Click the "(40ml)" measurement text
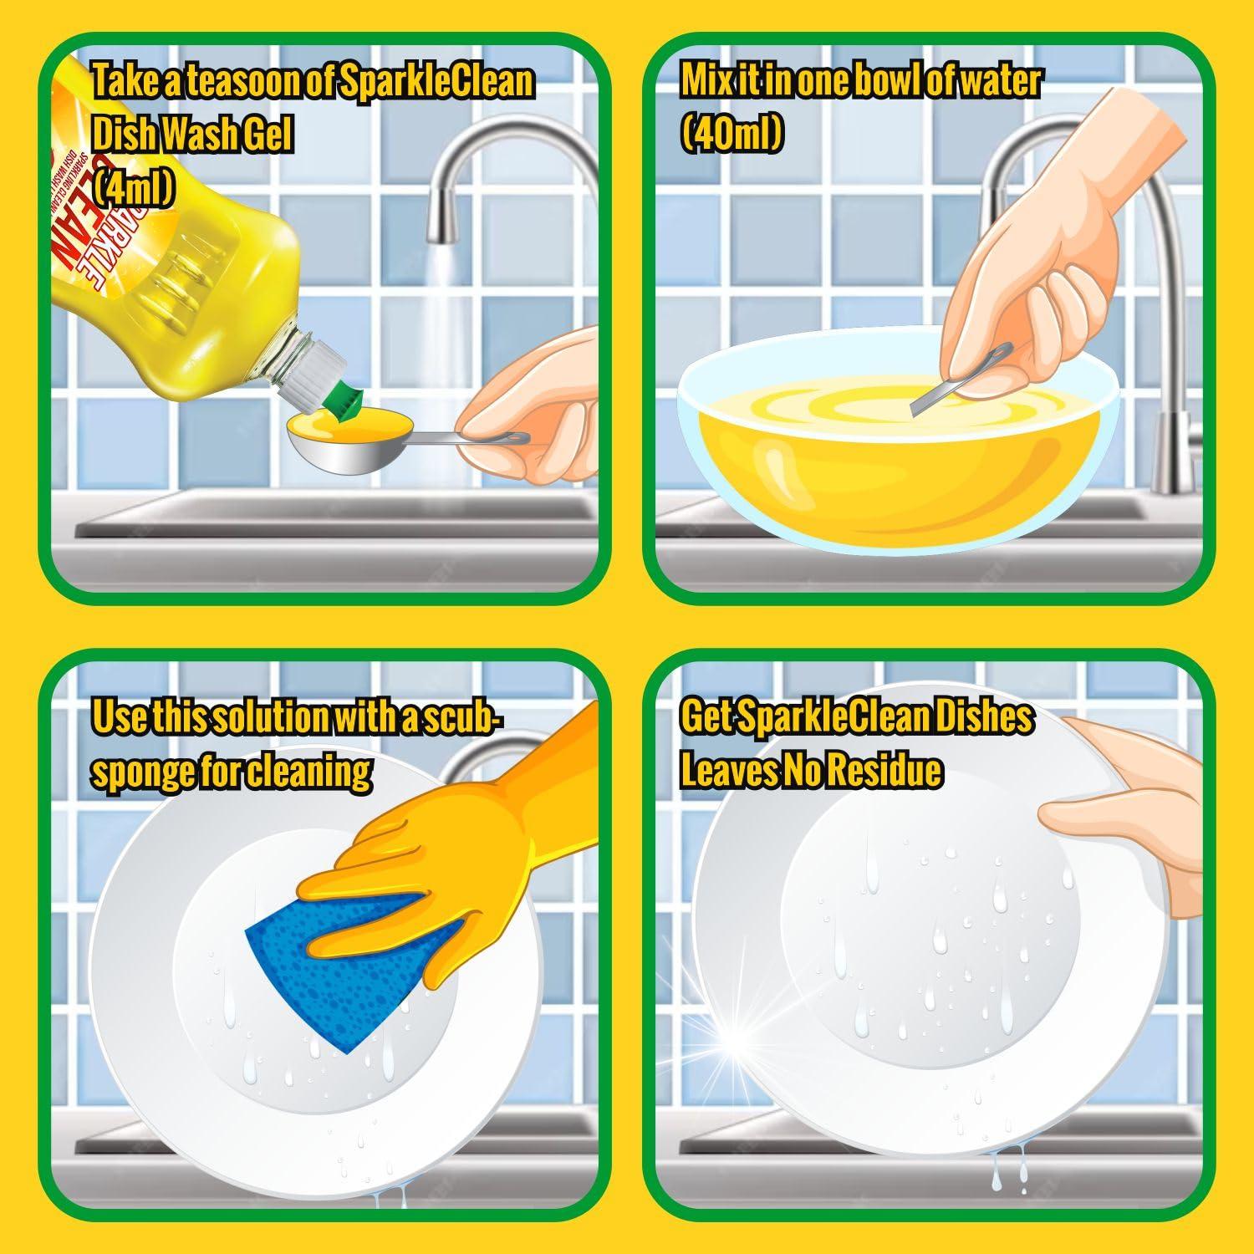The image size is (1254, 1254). [731, 133]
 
